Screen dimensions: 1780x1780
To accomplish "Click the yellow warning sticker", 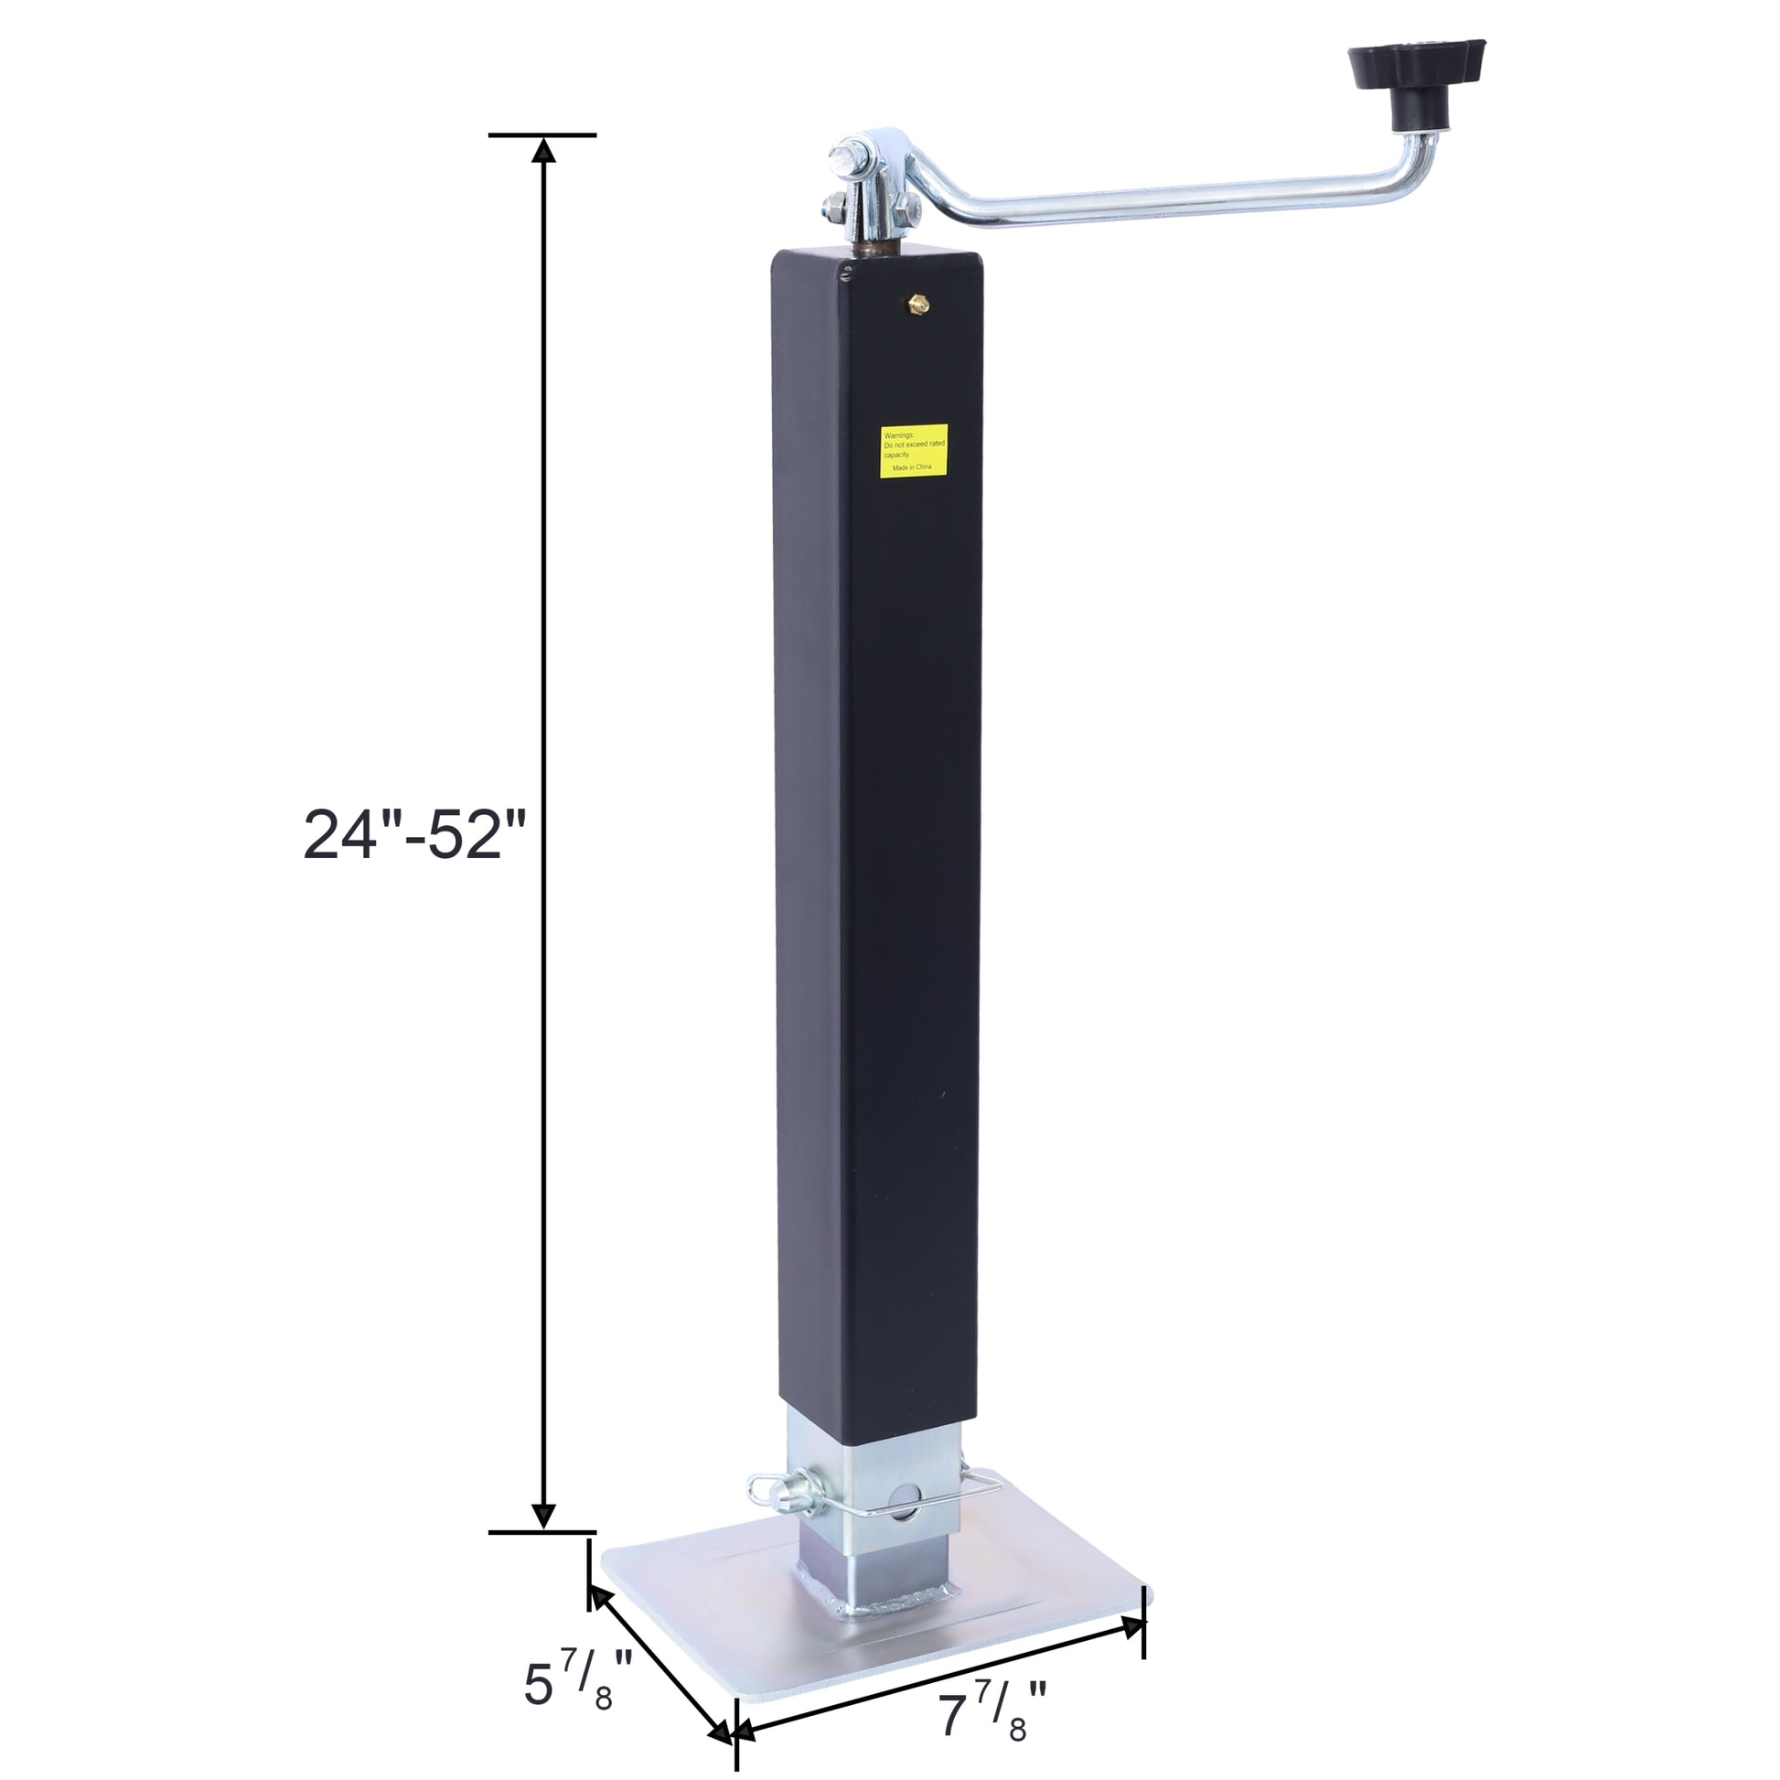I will tap(913, 451).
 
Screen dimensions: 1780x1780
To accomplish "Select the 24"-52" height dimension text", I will tap(413, 836).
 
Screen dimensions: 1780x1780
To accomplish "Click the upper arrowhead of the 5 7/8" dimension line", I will tap(600, 1600).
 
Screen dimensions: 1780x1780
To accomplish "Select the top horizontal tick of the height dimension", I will tap(542, 135).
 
